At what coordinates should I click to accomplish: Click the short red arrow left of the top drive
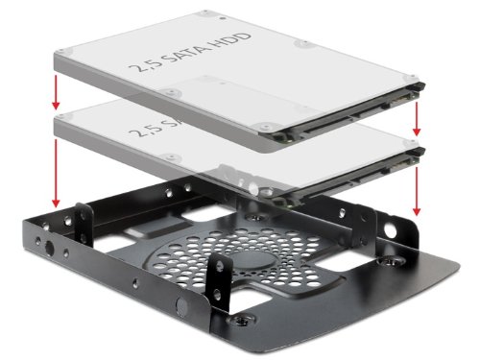(x=57, y=91)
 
